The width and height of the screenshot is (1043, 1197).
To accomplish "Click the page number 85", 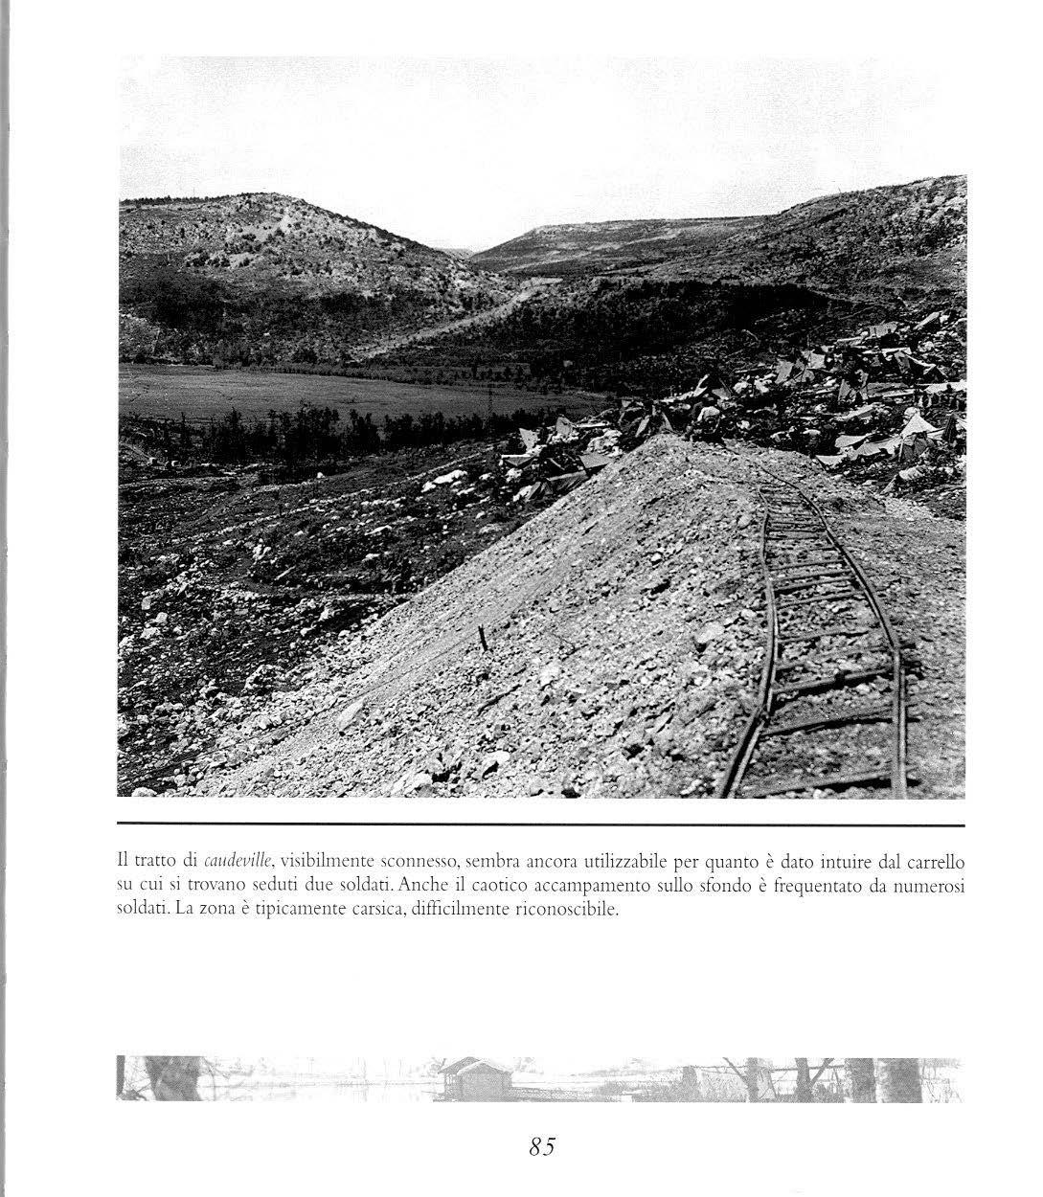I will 542,1146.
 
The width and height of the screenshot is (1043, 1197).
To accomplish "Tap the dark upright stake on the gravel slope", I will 484,639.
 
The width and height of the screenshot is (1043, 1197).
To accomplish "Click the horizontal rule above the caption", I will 541,824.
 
